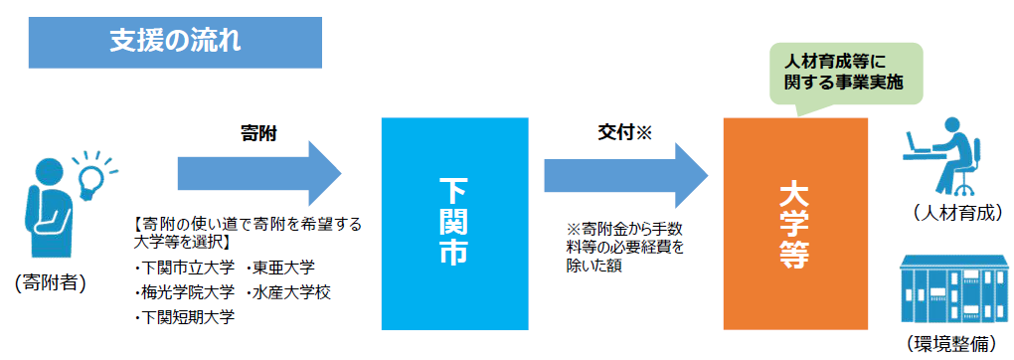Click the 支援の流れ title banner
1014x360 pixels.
[175, 43]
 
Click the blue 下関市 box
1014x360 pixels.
[455, 223]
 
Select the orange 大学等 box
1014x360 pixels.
[794, 223]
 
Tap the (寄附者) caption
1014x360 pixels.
[51, 283]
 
